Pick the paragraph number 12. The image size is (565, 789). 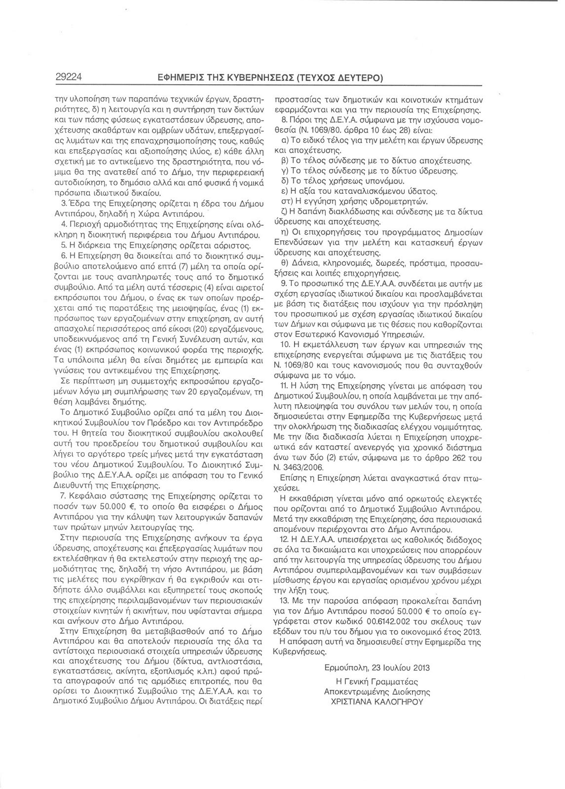point(284,551)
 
